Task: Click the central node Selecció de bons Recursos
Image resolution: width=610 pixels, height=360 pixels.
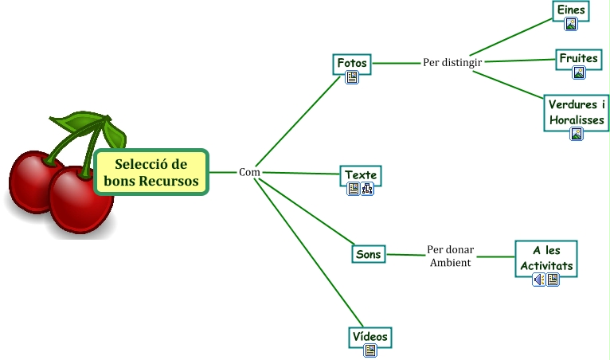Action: (151, 172)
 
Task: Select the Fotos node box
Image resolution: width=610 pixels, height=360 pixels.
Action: (351, 62)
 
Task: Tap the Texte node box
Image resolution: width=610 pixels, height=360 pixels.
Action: (360, 174)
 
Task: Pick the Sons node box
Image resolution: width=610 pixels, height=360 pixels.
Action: (368, 254)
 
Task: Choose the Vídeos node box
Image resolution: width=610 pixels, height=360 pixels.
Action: (370, 336)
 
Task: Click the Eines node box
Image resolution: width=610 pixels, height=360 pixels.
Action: (571, 10)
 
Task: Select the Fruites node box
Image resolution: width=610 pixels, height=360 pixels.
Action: (578, 58)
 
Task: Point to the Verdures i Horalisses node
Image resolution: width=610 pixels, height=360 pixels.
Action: (577, 112)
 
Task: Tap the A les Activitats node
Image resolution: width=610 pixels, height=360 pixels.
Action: (545, 258)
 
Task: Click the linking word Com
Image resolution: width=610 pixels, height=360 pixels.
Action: (249, 172)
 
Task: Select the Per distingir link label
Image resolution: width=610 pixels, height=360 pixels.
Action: (452, 62)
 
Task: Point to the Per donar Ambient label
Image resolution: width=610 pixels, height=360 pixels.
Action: (450, 256)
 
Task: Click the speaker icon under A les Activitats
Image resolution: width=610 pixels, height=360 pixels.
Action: (539, 279)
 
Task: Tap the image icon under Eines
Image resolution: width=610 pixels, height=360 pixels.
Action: (570, 24)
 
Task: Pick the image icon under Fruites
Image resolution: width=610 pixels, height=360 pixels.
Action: (579, 72)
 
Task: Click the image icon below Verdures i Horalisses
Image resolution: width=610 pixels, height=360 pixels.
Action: (577, 134)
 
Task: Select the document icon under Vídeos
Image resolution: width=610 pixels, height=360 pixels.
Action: (370, 350)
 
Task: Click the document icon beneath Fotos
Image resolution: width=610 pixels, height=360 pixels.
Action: (352, 77)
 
